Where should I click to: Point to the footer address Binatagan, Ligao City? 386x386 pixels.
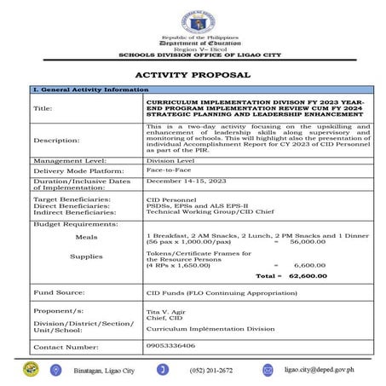point(106,370)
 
